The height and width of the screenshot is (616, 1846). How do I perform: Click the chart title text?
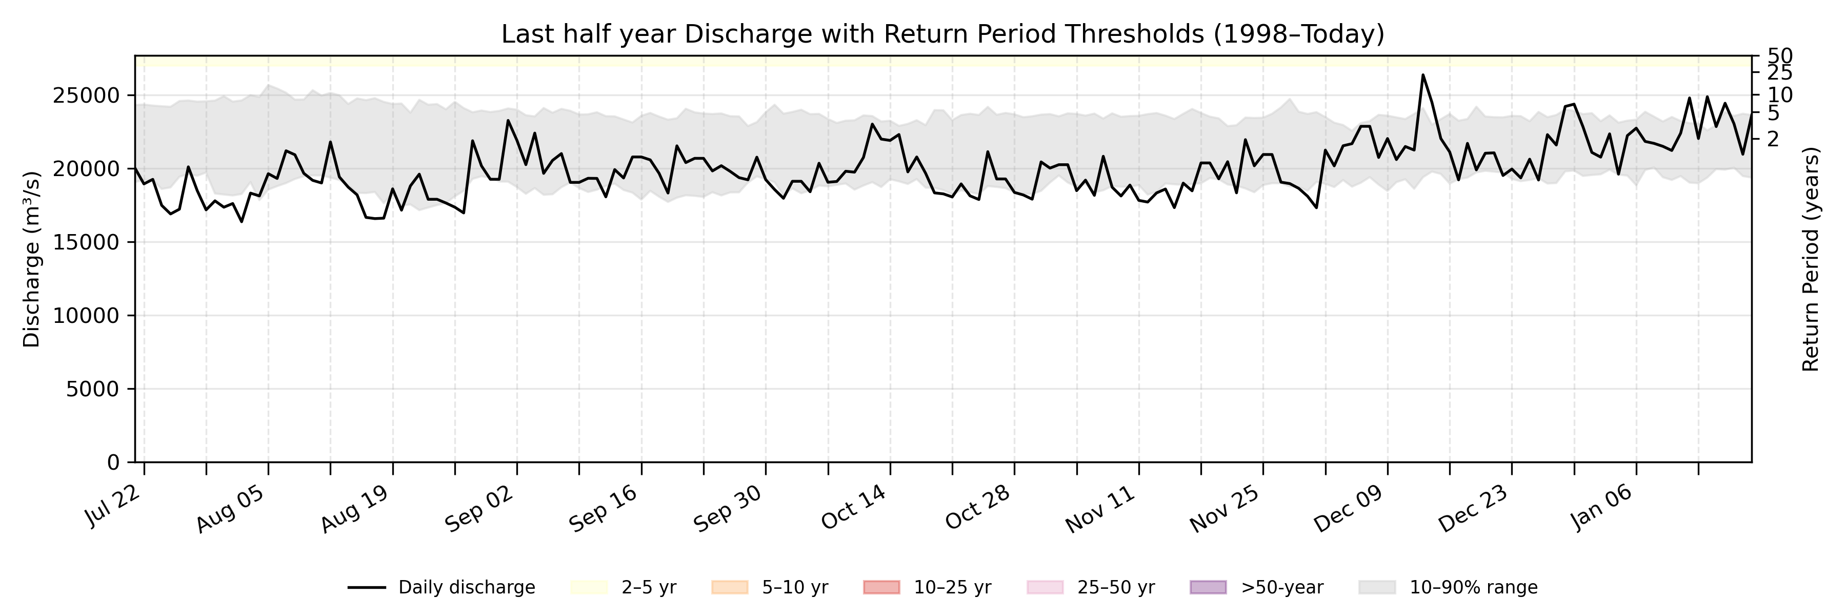[x=942, y=34]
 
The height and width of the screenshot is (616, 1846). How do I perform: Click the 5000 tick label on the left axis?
[x=92, y=390]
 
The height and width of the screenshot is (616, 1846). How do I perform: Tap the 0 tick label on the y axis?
[x=113, y=463]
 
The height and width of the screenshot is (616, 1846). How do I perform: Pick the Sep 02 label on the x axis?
[x=479, y=509]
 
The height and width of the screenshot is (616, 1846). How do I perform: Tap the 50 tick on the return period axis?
[x=1780, y=56]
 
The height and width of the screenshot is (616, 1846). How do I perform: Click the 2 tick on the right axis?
[x=1773, y=139]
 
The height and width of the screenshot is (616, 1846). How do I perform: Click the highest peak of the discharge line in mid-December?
[x=1423, y=74]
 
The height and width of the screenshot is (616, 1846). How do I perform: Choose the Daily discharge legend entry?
[x=442, y=587]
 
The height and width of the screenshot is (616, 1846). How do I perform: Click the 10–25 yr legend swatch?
[x=881, y=587]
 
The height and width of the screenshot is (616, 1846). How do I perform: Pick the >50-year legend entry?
[x=1256, y=587]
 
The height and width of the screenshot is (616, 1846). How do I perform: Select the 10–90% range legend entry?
[x=1448, y=587]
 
